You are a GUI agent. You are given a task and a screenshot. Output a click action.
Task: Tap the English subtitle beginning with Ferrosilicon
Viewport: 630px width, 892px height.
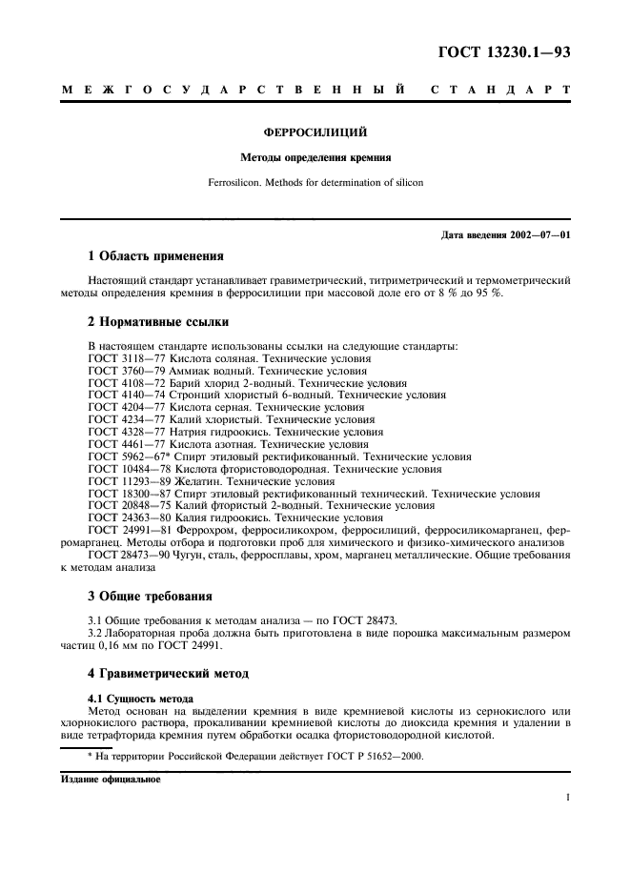[315, 181]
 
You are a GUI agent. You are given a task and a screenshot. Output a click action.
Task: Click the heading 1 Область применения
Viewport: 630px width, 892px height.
[155, 256]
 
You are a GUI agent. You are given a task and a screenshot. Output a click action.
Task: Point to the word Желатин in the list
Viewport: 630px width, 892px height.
[194, 481]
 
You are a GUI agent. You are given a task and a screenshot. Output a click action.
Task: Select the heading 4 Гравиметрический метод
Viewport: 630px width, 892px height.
[168, 675]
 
